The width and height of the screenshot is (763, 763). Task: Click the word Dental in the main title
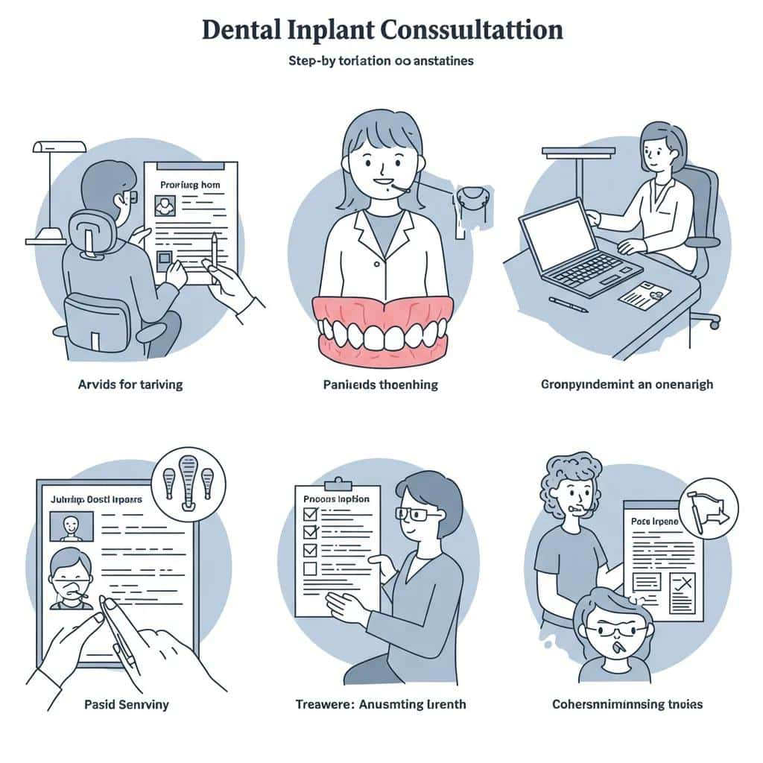coord(240,29)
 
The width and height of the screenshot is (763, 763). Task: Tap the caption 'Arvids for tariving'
coord(130,384)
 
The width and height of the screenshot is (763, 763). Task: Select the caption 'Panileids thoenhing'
coord(381,384)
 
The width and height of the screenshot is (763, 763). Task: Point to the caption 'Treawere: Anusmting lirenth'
coord(381,703)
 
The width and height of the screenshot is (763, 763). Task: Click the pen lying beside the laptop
coord(569,302)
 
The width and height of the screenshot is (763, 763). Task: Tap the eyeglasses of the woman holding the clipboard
coord(411,513)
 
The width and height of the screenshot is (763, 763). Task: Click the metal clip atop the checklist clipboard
coord(338,483)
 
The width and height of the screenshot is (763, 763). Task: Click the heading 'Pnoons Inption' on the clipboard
coord(338,498)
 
